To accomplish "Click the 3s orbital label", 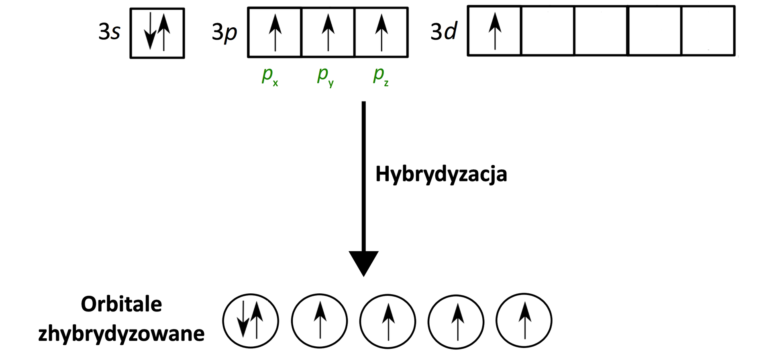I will tap(109, 32).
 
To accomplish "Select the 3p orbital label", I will tap(224, 32).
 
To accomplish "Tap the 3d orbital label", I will tap(443, 31).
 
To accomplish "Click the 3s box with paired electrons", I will tap(157, 33).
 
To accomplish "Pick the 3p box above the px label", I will tap(275, 33).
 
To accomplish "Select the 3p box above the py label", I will tap(328, 33).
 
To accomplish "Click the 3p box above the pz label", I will tap(381, 33).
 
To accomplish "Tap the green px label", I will tap(269, 76).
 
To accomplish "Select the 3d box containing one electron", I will tap(495, 31).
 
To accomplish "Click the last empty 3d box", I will tap(708, 31).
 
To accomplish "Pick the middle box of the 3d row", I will tap(601, 31).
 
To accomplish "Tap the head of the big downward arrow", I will tap(363, 263).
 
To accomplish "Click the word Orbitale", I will tap(121, 304).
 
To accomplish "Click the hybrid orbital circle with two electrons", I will tap(251, 321).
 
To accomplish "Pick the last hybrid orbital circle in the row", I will tap(524, 321).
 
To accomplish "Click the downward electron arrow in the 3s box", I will tap(150, 31).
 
